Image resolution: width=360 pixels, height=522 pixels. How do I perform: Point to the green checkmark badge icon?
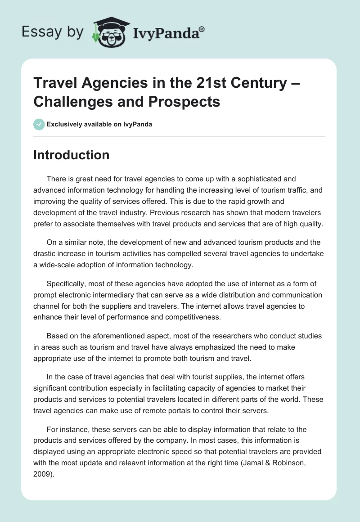39,124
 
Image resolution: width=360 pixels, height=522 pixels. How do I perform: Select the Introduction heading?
72,155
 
